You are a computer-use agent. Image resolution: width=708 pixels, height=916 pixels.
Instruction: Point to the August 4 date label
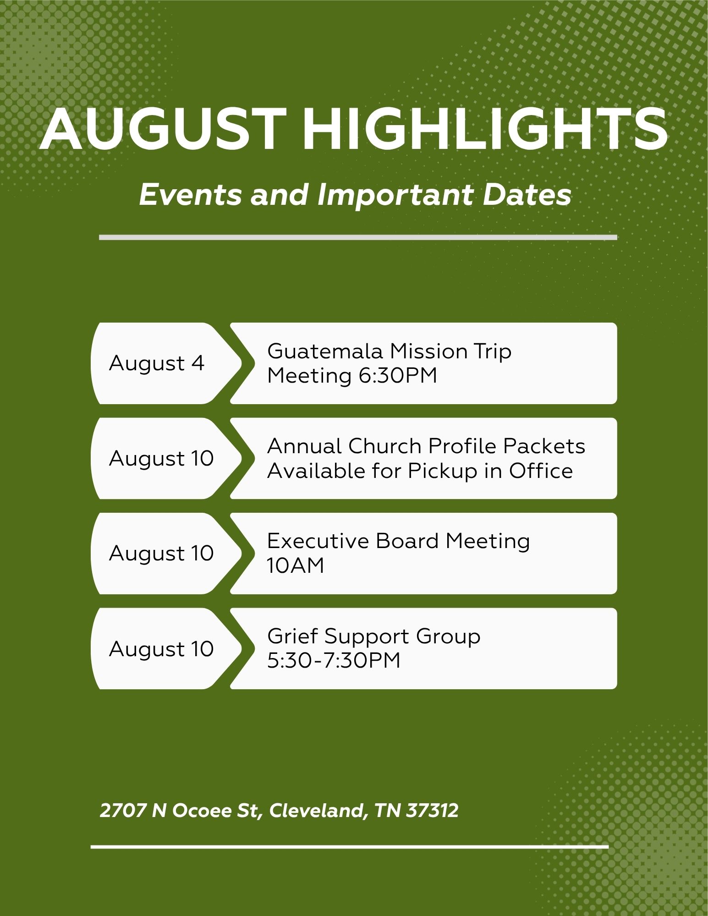(x=157, y=364)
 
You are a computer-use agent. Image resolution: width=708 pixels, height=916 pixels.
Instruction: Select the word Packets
(x=544, y=446)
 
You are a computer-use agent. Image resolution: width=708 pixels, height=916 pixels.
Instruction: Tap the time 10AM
(x=296, y=566)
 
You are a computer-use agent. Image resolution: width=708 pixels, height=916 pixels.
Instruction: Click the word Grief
(x=292, y=636)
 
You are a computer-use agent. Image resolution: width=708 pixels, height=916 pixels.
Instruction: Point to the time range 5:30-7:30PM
(x=334, y=661)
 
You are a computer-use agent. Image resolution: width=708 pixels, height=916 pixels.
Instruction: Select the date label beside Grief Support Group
(x=161, y=649)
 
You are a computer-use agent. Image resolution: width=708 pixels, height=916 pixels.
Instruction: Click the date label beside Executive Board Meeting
(x=161, y=554)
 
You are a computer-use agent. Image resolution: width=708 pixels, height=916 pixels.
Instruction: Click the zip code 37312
(x=432, y=811)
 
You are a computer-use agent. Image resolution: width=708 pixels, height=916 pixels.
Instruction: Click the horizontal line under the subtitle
(x=358, y=237)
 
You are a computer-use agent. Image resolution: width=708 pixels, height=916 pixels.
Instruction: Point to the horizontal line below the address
(x=350, y=847)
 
